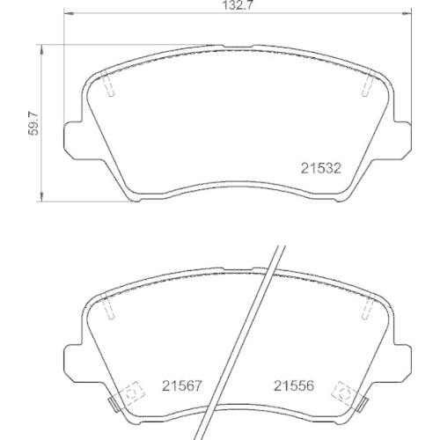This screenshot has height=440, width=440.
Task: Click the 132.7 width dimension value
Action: click(x=238, y=5)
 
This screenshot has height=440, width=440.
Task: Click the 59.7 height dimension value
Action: click(x=33, y=124)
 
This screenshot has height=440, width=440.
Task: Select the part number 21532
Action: click(x=321, y=168)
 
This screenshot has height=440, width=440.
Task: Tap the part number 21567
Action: click(x=182, y=385)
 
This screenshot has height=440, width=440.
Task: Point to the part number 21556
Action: click(x=294, y=385)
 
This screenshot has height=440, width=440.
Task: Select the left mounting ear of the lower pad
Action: click(x=72, y=363)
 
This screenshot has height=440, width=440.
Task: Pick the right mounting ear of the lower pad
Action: click(x=402, y=363)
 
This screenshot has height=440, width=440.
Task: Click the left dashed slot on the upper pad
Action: click(x=108, y=84)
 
